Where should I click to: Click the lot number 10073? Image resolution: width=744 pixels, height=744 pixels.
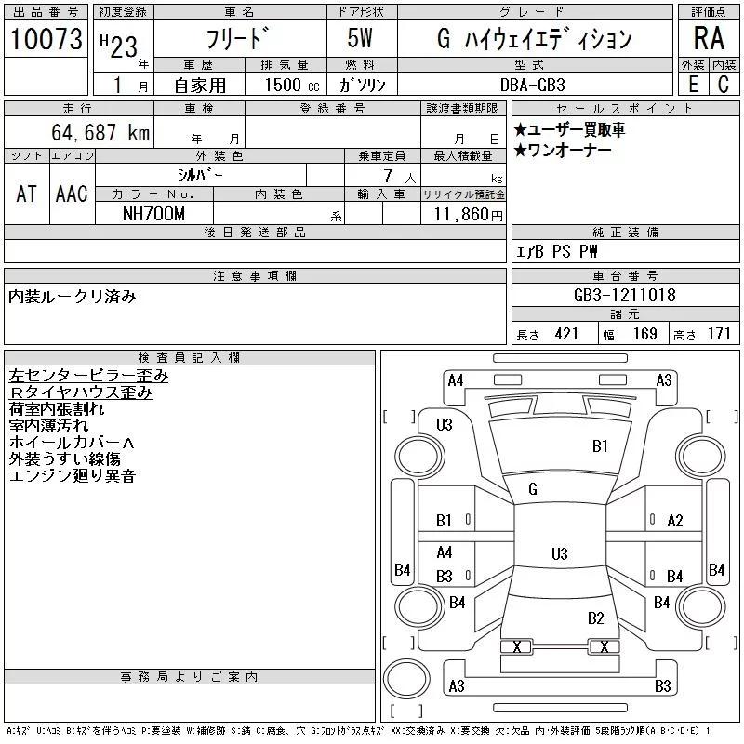[x=46, y=39]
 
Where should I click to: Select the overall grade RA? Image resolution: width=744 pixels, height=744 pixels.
[x=709, y=38]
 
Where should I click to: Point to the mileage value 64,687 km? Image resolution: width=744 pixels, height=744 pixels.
[x=100, y=132]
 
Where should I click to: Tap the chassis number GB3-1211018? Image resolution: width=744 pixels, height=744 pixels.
[x=624, y=295]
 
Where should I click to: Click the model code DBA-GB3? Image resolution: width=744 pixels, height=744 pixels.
[x=532, y=85]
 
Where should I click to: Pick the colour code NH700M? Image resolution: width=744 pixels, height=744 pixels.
[x=153, y=214]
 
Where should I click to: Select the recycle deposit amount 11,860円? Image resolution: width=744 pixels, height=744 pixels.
[x=468, y=215]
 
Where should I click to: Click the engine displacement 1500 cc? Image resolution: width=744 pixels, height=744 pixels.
[x=292, y=85]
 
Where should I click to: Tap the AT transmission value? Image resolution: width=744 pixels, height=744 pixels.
[x=27, y=193]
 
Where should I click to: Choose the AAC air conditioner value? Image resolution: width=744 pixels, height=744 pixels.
[x=72, y=193]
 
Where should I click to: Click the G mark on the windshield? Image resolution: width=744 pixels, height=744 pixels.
[x=533, y=489]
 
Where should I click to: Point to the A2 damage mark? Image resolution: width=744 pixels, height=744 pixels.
[x=675, y=521]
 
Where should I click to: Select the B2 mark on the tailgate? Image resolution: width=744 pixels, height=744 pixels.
[x=595, y=618]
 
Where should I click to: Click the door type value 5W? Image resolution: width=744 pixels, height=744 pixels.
[x=360, y=38]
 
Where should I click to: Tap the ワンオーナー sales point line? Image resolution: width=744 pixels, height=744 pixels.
[x=563, y=151]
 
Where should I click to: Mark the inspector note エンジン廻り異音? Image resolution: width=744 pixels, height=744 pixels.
[x=73, y=476]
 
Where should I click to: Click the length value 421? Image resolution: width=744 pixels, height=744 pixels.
[x=566, y=334]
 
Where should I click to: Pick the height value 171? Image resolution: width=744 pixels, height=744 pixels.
[x=719, y=334]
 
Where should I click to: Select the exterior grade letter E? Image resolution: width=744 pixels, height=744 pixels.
[x=693, y=85]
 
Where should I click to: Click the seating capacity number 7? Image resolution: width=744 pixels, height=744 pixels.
[x=388, y=176]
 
